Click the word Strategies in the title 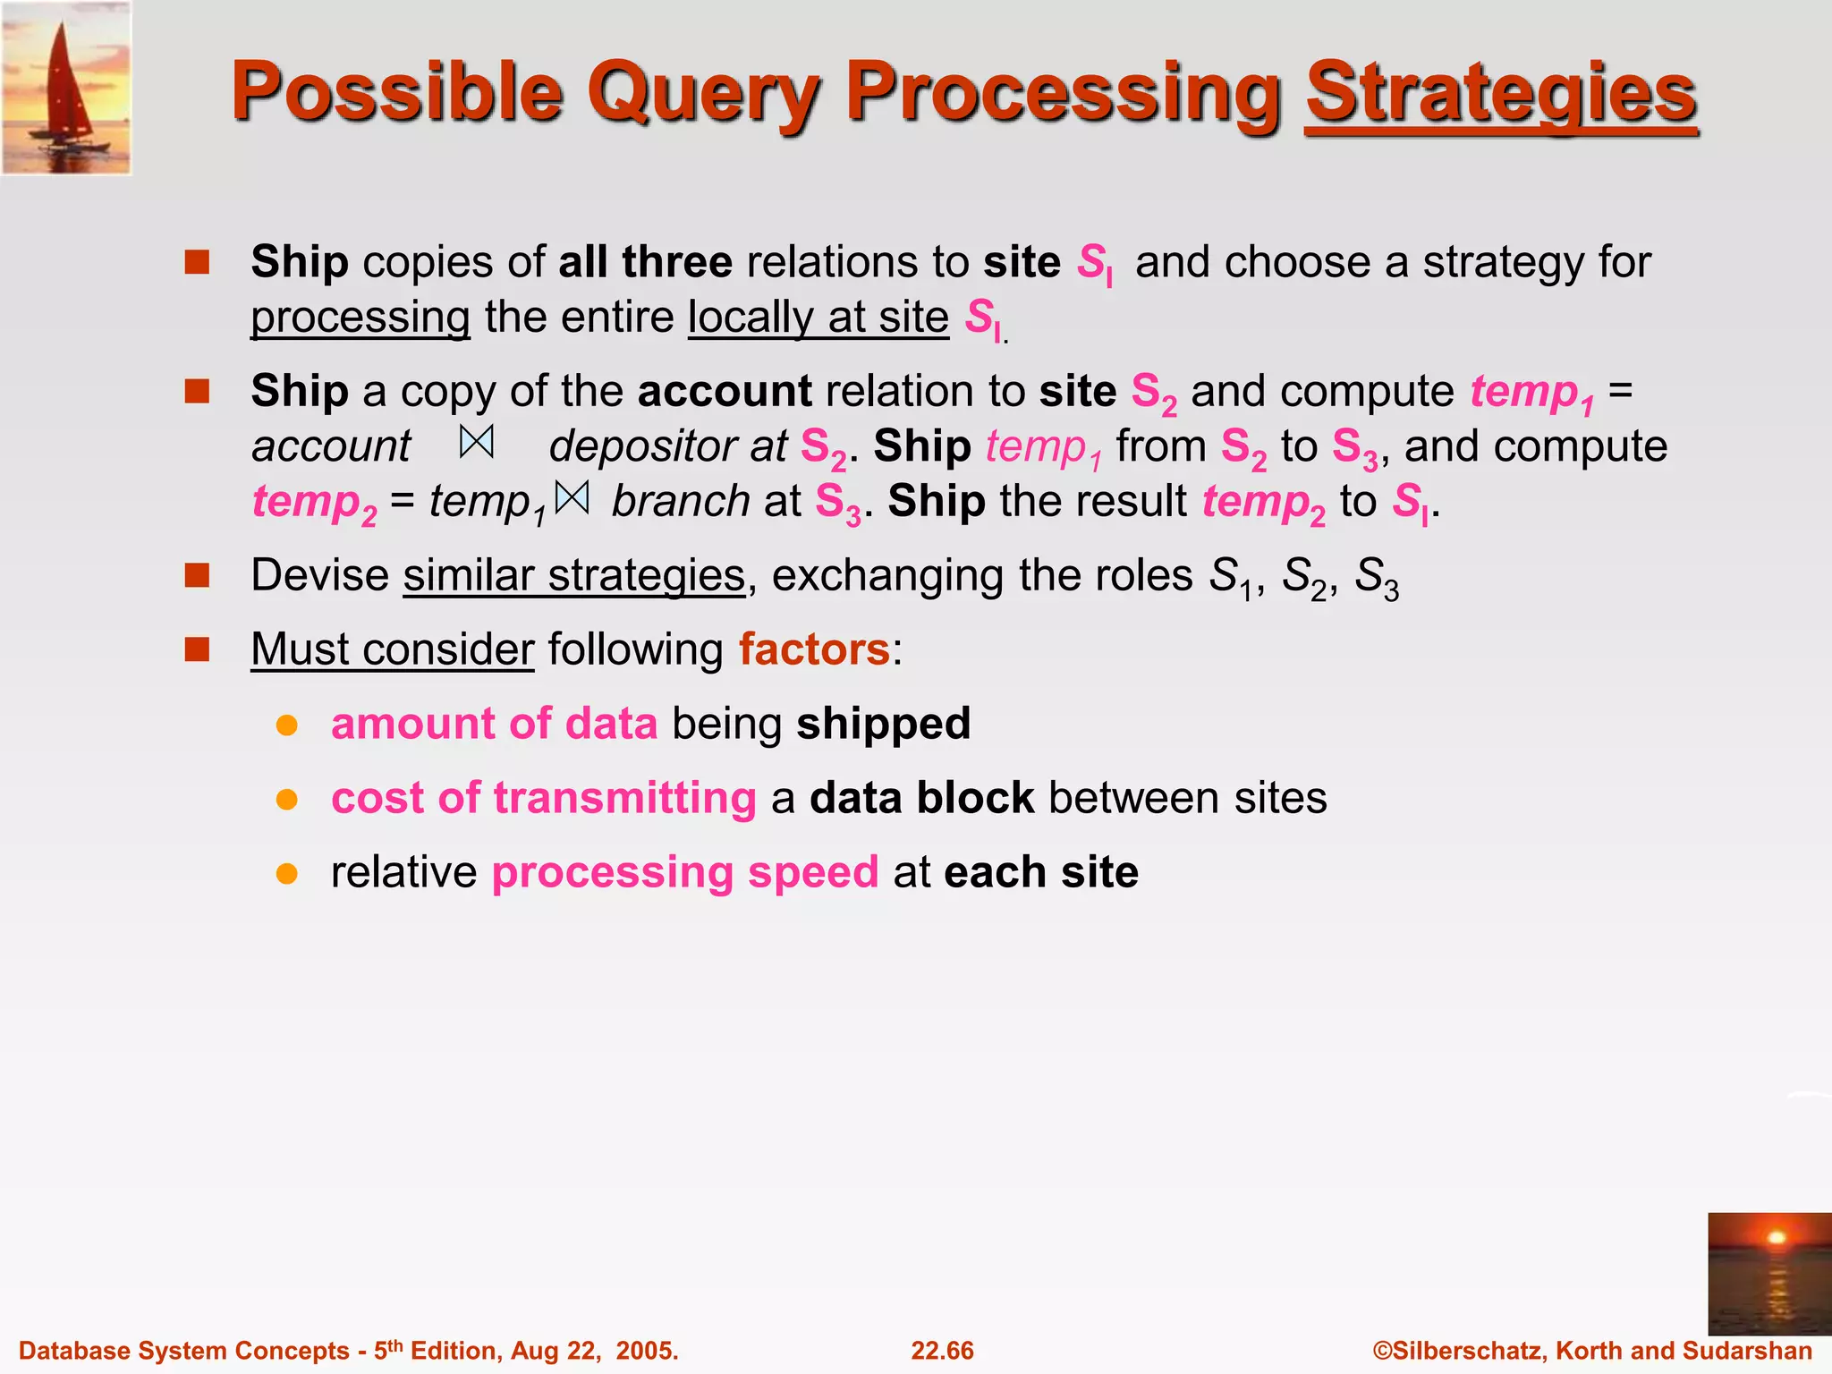click(x=1500, y=93)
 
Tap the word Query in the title click(x=702, y=93)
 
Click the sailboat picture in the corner click(x=67, y=88)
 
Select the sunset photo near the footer click(x=1768, y=1273)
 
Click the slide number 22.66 click(x=942, y=1351)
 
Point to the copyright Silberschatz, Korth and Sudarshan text click(x=1592, y=1351)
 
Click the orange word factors click(x=814, y=649)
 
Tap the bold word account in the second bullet click(x=725, y=392)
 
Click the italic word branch click(x=681, y=501)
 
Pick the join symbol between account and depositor click(x=477, y=443)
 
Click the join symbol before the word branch click(x=572, y=498)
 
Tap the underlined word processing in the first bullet click(x=360, y=318)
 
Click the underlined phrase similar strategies click(x=573, y=575)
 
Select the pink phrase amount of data click(x=494, y=724)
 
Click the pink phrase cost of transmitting click(x=543, y=798)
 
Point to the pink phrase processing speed click(x=685, y=872)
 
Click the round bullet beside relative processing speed click(x=286, y=873)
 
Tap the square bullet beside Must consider click(x=197, y=649)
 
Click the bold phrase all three click(x=645, y=262)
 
